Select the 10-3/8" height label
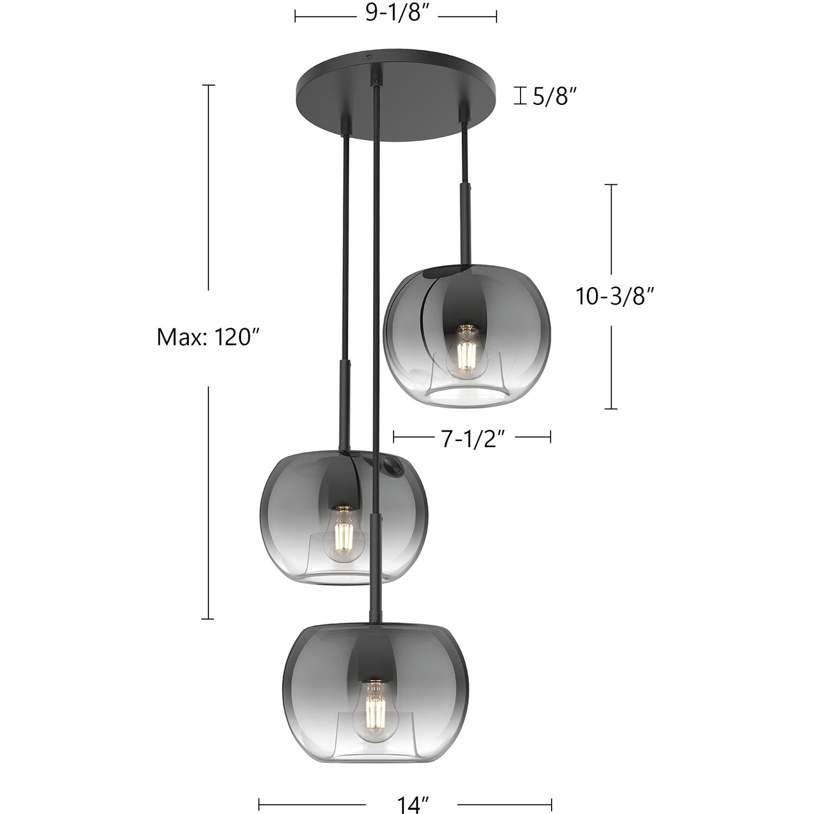pos(615,296)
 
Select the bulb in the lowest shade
pos(376,706)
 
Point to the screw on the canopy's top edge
pos(368,56)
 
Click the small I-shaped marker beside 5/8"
pos(519,96)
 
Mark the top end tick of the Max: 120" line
pos(208,85)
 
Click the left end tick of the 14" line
pos(259,804)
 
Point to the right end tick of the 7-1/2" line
pos(551,438)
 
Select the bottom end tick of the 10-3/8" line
pos(611,409)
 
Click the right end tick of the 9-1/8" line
pos(496,17)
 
